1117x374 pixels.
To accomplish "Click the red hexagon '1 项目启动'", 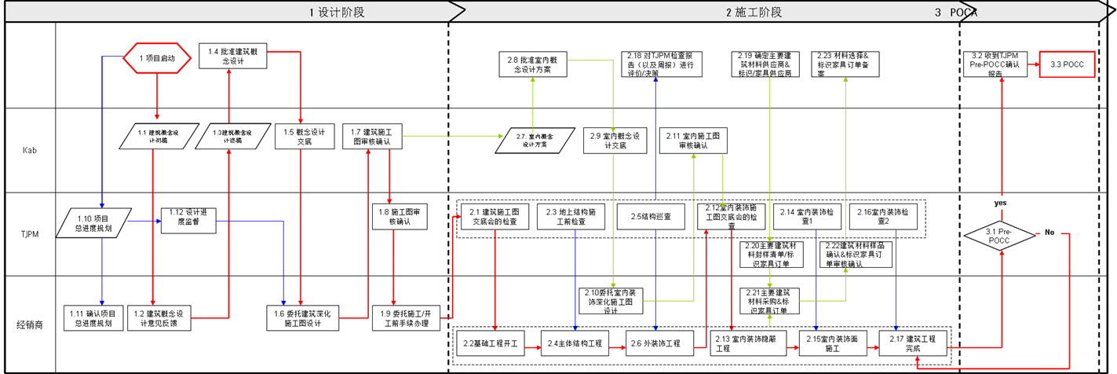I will pyautogui.click(x=158, y=58).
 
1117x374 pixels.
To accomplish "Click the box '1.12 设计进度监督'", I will pyautogui.click(x=188, y=217).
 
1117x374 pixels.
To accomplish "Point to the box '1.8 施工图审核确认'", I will pyautogui.click(x=400, y=217).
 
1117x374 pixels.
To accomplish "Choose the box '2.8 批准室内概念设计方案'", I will pyautogui.click(x=533, y=64).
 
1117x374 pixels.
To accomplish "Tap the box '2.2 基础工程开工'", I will pyautogui.click(x=491, y=343).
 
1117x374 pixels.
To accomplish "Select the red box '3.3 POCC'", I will pyautogui.click(x=1067, y=64).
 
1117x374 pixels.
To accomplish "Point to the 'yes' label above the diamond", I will pyautogui.click(x=1000, y=203).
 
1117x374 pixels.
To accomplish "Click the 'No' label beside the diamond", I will pyautogui.click(x=1049, y=233).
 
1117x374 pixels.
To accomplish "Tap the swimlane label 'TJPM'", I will pyautogui.click(x=30, y=234).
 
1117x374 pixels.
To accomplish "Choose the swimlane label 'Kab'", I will pyautogui.click(x=30, y=150).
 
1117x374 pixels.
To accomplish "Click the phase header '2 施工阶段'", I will pyautogui.click(x=753, y=12).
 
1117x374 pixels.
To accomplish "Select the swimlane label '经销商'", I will pyautogui.click(x=30, y=324).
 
